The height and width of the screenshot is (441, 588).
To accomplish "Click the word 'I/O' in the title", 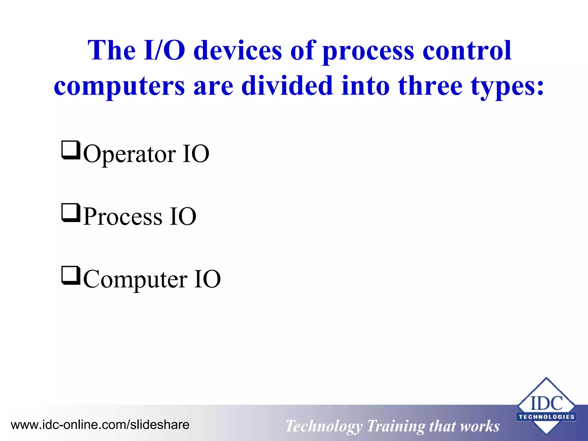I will pyautogui.click(x=164, y=51).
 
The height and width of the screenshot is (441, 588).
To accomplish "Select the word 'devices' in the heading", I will pyautogui.click(x=238, y=51).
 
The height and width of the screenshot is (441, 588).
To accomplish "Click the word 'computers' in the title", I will pyautogui.click(x=119, y=86).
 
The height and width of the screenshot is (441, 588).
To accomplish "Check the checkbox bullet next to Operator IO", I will pyautogui.click(x=70, y=150).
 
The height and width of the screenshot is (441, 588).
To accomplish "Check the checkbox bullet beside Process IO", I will pyautogui.click(x=70, y=212).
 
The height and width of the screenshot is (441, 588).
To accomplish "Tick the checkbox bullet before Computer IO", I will pyautogui.click(x=70, y=275).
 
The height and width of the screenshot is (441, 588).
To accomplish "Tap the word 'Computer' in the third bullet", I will pyautogui.click(x=135, y=279).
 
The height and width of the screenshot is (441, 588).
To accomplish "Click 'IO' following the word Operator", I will pyautogui.click(x=196, y=154).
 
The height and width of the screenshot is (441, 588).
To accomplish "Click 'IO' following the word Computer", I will pyautogui.click(x=207, y=279).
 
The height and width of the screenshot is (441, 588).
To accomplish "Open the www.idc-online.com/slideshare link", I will pyautogui.click(x=100, y=425).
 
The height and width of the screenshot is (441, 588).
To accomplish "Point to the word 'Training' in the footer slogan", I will pyautogui.click(x=396, y=426).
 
